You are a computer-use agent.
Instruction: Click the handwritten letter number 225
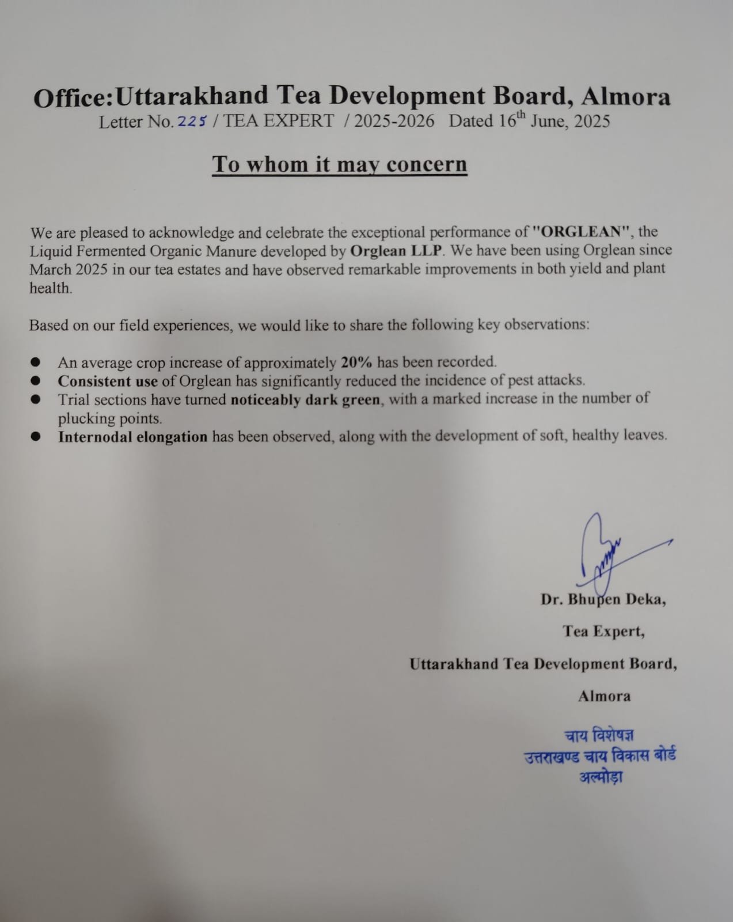[x=192, y=121]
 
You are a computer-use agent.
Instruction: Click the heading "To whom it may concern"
[x=339, y=164]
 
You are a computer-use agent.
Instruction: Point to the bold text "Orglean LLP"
[x=396, y=251]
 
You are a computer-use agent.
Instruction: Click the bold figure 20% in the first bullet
[x=356, y=362]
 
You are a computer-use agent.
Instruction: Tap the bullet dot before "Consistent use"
[x=36, y=380]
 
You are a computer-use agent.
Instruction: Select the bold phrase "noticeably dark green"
[x=305, y=399]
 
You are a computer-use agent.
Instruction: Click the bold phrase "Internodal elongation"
[x=132, y=437]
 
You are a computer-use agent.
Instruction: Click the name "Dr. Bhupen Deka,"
[x=603, y=600]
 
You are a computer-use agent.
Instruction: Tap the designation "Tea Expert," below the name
[x=603, y=632]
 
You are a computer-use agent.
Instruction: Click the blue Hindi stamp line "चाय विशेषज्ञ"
[x=599, y=736]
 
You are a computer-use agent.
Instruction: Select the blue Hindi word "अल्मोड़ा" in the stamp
[x=601, y=777]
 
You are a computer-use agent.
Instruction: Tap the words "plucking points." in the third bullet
[x=110, y=418]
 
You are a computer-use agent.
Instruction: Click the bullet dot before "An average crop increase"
[x=36, y=362]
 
